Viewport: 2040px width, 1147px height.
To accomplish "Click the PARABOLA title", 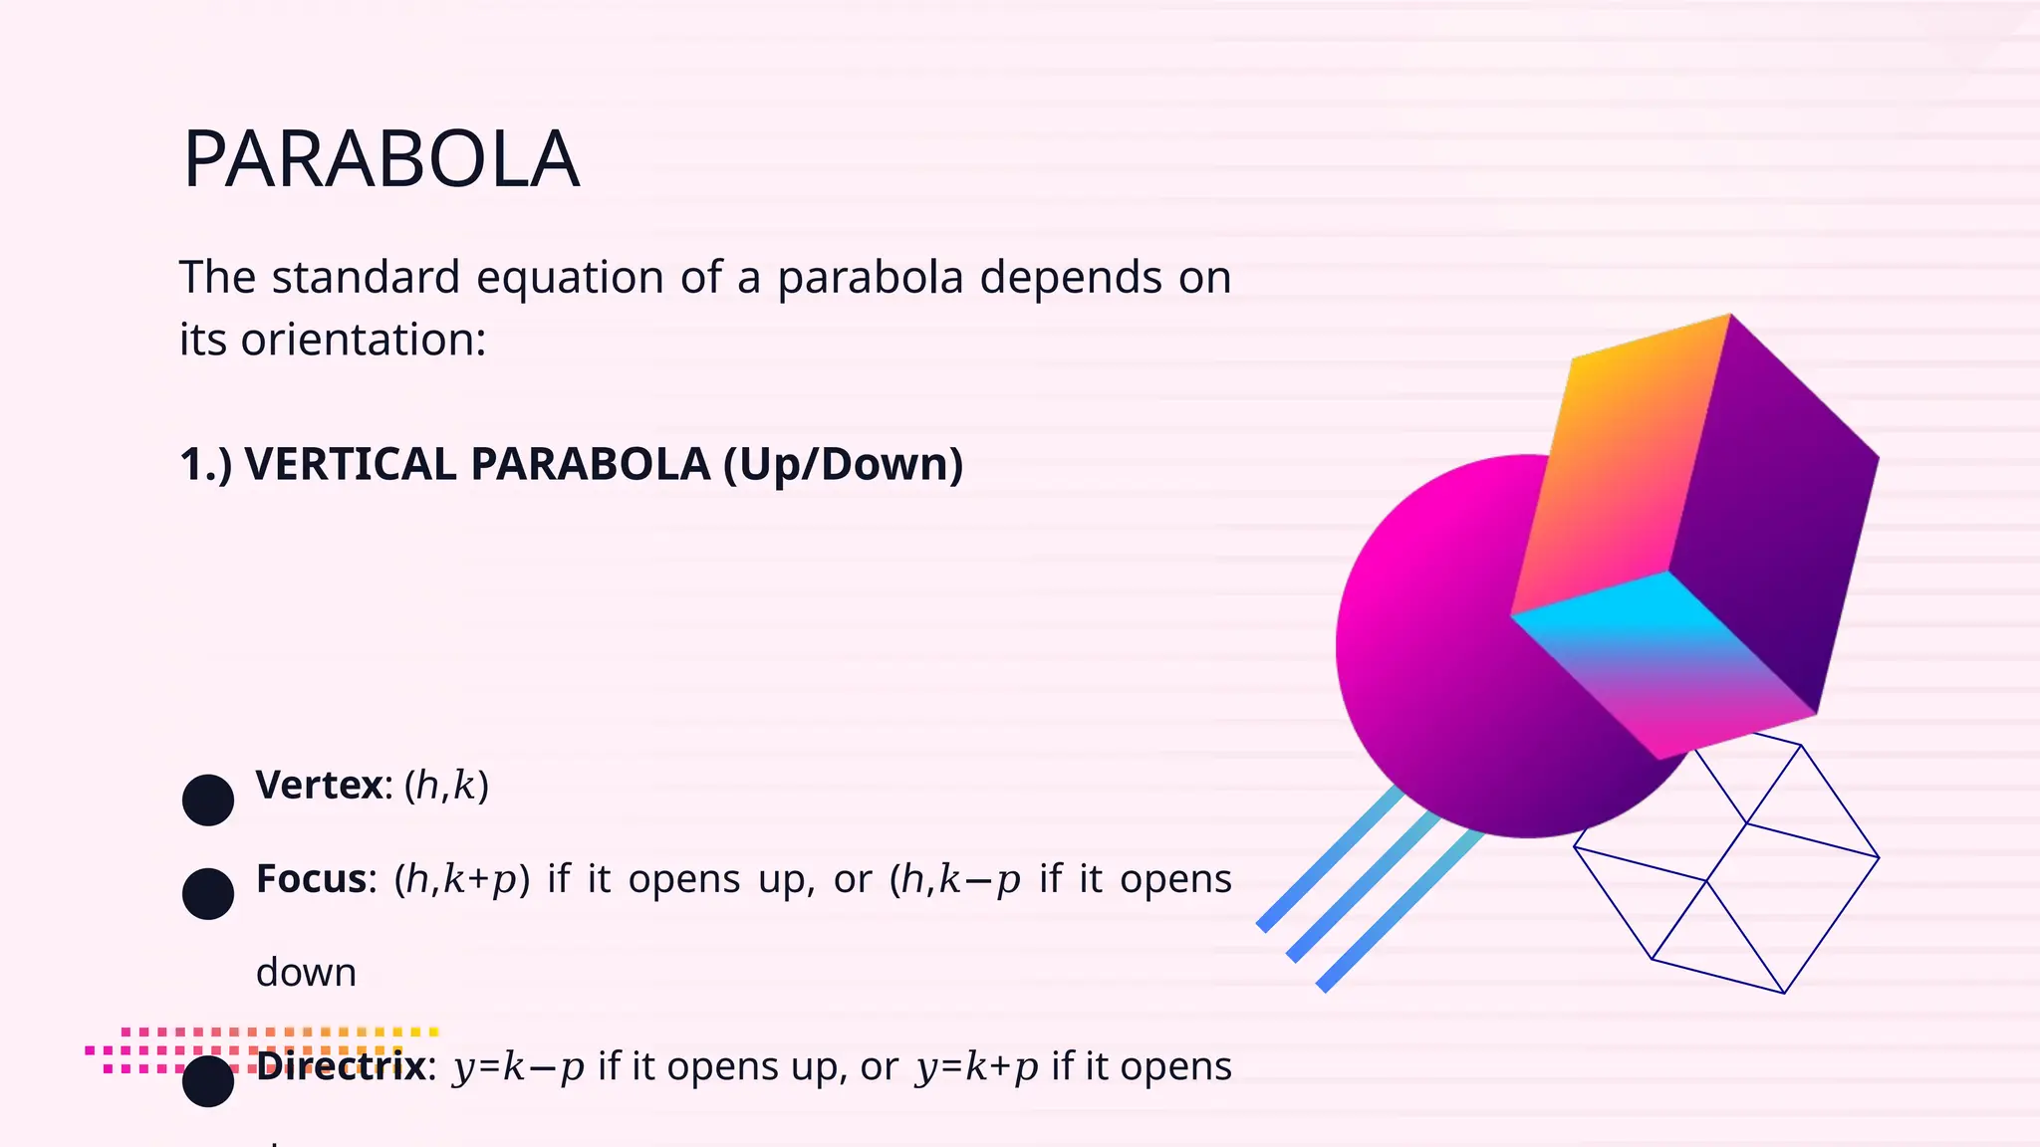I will pos(381,159).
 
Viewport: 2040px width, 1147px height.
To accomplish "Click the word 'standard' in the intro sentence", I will pos(366,277).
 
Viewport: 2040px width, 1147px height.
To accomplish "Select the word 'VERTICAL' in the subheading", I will pos(350,464).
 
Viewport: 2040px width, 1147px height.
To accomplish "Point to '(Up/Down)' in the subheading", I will pos(843,464).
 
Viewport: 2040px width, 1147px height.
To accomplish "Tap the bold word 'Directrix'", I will pos(341,1066).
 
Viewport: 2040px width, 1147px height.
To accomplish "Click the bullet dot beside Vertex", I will pos(208,800).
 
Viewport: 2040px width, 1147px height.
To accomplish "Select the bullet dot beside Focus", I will pos(208,893).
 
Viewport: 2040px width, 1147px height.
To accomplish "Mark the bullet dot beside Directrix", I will pos(208,1081).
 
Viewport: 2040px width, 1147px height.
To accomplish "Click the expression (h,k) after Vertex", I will pos(446,786).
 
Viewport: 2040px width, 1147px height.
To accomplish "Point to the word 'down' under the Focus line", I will pos(306,972).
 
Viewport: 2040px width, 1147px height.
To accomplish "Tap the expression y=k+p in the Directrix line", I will pos(977,1066).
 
